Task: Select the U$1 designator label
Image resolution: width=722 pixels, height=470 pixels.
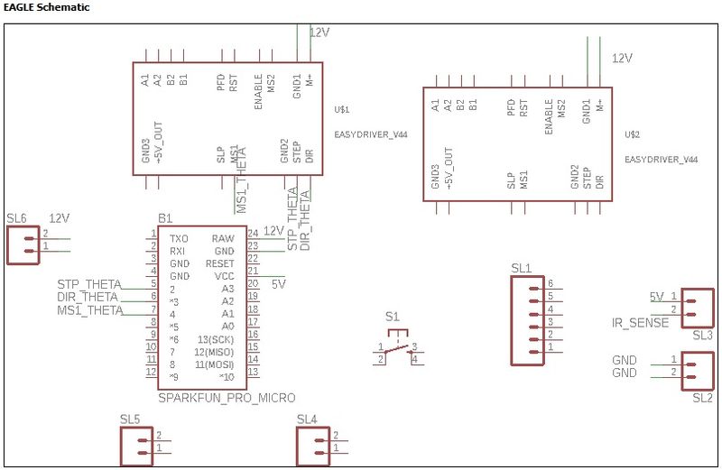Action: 341,110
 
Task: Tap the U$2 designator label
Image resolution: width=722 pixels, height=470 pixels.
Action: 632,134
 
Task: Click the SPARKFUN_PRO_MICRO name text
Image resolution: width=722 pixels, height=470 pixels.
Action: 227,397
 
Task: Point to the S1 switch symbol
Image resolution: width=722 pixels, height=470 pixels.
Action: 397,346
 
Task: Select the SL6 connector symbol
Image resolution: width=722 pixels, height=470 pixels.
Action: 23,244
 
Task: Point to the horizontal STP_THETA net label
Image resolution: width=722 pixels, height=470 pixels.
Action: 88,285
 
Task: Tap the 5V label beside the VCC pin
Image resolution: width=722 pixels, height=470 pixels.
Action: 279,283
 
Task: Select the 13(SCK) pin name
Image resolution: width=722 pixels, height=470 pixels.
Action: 216,338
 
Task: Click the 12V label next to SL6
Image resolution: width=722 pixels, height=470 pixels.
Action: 59,218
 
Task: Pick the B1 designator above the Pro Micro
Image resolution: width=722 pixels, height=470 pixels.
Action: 165,219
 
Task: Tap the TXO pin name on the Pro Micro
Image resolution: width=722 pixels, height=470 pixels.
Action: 179,238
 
